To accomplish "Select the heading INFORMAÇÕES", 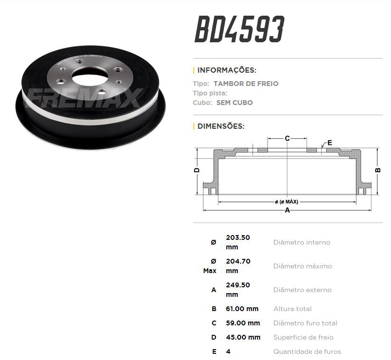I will point(226,70).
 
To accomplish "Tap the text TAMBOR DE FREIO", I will point(246,84).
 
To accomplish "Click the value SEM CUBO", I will point(234,103).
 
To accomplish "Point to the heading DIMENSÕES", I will point(221,126).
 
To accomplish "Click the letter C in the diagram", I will point(287,138).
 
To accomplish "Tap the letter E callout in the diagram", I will point(330,142).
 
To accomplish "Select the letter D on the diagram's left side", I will point(196,170).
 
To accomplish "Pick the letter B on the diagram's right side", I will point(378,171).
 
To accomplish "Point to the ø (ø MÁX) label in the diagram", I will point(287,202).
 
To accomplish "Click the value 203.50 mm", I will point(238,242).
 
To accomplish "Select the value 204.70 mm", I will point(238,266).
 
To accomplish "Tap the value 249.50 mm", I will point(238,290).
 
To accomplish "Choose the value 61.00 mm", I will point(242,309).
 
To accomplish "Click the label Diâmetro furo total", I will point(305,323).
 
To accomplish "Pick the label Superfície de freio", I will point(303,337).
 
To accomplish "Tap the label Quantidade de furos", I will point(307,351).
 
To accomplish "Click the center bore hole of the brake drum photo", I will point(88,74).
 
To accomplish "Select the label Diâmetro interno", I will point(301,242).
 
